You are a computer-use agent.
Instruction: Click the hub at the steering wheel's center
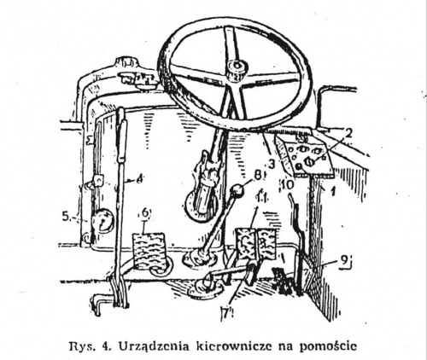point(237,68)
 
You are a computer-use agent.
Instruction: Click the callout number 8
point(257,176)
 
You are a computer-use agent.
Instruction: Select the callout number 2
point(348,134)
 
